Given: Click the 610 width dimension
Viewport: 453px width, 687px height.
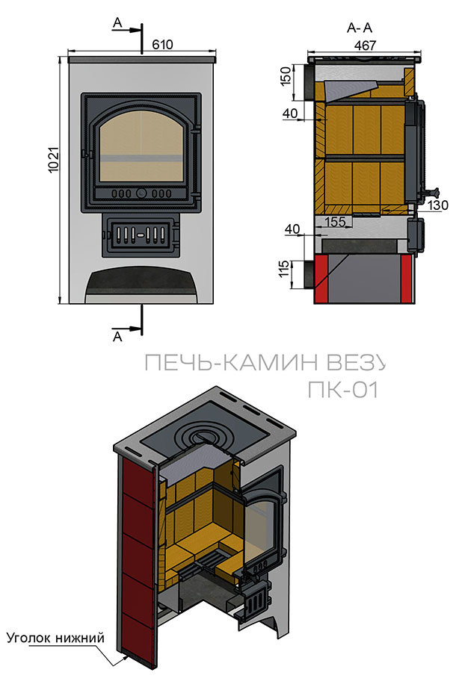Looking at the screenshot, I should pyautogui.click(x=162, y=45).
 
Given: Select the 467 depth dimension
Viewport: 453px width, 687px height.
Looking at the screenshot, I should pyautogui.click(x=365, y=46).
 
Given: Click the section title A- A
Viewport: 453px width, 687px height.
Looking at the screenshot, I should pyautogui.click(x=360, y=28).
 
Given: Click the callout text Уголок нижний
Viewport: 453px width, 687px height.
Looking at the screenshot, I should pyautogui.click(x=55, y=638).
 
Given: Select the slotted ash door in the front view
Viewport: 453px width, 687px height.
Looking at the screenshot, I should pyautogui.click(x=141, y=234).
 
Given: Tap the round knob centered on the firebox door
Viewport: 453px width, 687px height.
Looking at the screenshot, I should pyautogui.click(x=141, y=193).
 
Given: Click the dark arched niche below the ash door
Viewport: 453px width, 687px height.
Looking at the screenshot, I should pyautogui.click(x=141, y=284).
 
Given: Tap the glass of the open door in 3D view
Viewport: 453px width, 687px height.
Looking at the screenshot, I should pyautogui.click(x=260, y=522).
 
